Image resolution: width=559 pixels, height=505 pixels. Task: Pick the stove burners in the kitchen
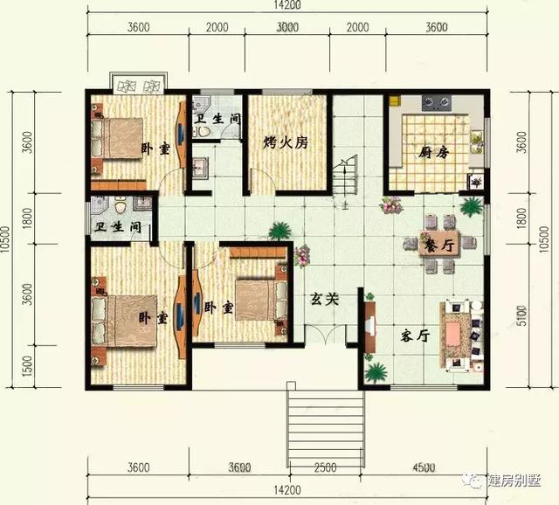coord(435,104)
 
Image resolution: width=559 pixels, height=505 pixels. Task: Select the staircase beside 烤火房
coord(348,178)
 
